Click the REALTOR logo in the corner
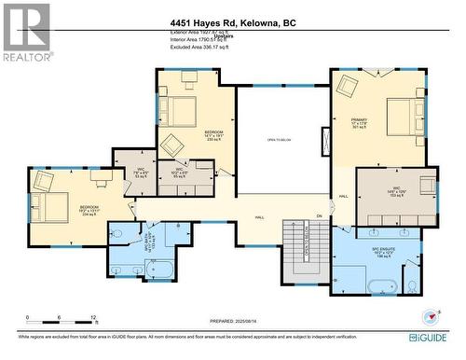pos(26,33)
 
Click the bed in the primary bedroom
pos(405,118)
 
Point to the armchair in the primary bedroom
pos(347,86)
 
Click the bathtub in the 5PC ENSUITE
pos(384,284)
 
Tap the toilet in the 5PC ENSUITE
pos(412,284)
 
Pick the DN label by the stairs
pos(318,216)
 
